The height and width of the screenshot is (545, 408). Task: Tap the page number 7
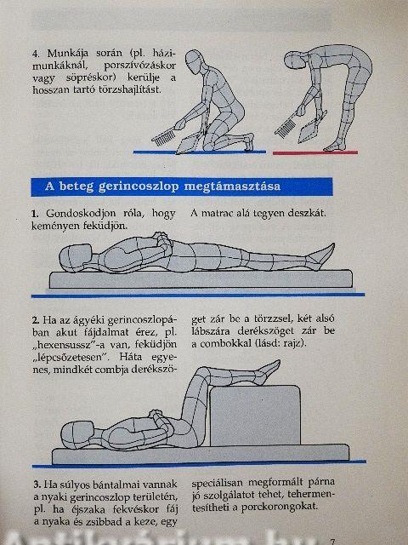tap(332, 542)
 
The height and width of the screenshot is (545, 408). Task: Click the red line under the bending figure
tap(315, 152)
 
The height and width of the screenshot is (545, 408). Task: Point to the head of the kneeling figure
tap(194, 60)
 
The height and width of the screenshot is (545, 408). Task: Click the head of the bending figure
tap(294, 60)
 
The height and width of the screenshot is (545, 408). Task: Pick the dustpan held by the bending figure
tap(311, 127)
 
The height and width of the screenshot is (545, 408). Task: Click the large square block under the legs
tap(255, 415)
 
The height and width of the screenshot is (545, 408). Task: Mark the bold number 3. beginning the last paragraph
tap(37, 485)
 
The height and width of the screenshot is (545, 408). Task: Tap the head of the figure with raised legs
tap(76, 433)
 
